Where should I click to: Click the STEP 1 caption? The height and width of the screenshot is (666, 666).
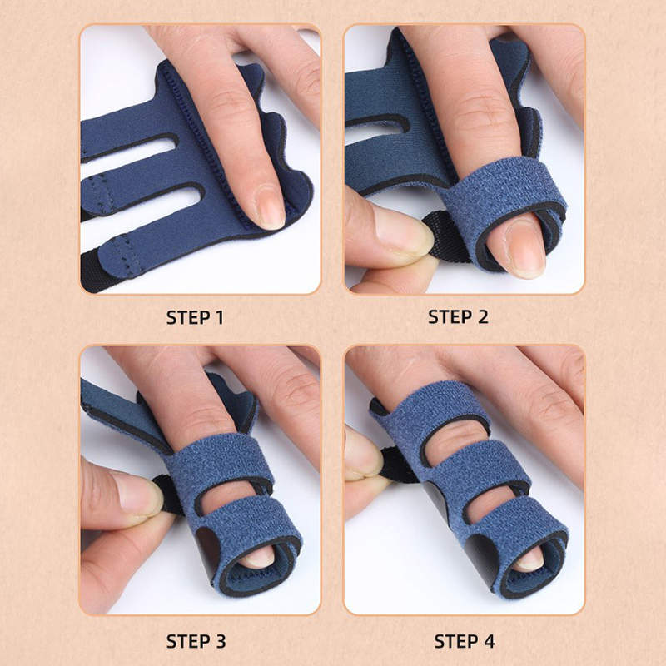(195, 318)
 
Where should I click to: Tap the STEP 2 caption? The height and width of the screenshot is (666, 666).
(458, 317)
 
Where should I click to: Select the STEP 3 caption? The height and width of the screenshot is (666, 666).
(196, 641)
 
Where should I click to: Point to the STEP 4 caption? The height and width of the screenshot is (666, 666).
(465, 641)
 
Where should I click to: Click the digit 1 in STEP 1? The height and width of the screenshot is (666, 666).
(220, 318)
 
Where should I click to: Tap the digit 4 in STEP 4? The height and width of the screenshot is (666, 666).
(489, 641)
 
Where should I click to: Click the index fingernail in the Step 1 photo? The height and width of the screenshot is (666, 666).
(269, 207)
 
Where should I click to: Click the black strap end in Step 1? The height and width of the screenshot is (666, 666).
(97, 272)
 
